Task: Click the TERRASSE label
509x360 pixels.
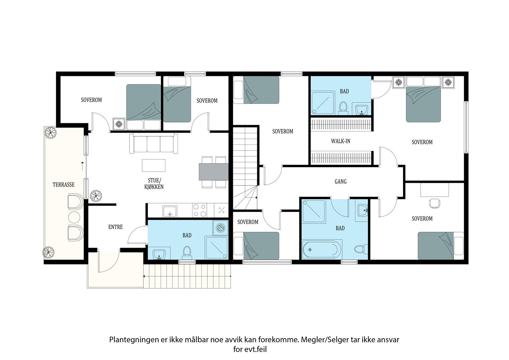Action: [64, 185]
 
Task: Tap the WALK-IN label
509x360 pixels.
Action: [340, 141]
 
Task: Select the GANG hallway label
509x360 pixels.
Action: [340, 182]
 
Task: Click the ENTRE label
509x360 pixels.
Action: [115, 227]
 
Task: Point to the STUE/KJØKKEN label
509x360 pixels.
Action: [154, 184]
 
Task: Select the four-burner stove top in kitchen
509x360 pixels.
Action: [199, 210]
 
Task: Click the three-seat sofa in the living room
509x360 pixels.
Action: [154, 144]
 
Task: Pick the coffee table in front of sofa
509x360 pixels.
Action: [154, 165]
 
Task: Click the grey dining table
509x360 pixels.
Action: [213, 172]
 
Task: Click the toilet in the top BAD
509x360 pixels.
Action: [343, 107]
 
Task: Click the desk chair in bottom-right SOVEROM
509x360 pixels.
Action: [434, 203]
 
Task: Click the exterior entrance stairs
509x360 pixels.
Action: [187, 277]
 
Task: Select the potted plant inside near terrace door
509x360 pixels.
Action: [96, 196]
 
